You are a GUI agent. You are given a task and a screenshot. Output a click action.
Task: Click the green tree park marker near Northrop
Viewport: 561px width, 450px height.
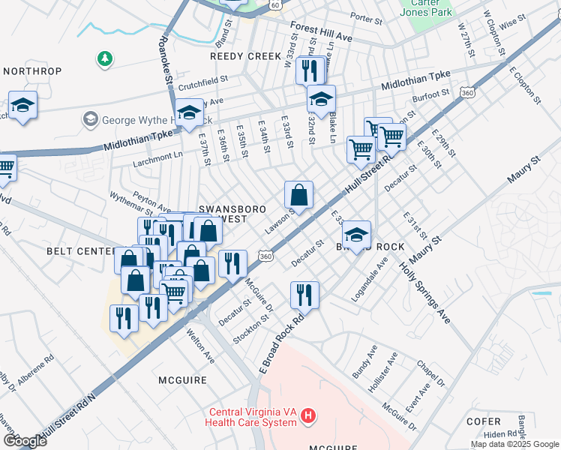click(x=105, y=58)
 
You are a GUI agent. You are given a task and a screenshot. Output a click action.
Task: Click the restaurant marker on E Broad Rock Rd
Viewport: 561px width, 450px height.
click(x=304, y=294)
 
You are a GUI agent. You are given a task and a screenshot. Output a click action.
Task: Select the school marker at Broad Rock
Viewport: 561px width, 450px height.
click(x=358, y=234)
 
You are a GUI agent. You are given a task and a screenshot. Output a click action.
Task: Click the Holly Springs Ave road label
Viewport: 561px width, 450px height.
click(x=424, y=292)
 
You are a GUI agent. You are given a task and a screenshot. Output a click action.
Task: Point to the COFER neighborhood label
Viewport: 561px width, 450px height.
click(x=483, y=422)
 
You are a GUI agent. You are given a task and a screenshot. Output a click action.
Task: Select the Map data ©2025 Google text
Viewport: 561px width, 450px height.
click(x=514, y=444)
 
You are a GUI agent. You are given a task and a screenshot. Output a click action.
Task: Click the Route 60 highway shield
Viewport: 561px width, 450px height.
click(x=276, y=4)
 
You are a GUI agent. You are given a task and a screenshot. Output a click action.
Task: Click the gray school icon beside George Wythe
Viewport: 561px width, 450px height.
click(x=90, y=118)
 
